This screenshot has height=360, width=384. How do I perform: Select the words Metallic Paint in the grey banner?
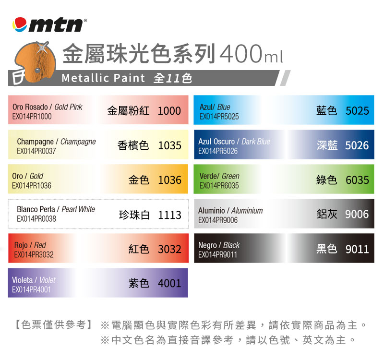pos(103,78)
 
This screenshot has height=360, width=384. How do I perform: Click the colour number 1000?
pos(169,111)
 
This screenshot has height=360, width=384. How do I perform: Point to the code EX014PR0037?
pos(36,151)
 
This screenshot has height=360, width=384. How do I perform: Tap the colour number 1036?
pos(169,180)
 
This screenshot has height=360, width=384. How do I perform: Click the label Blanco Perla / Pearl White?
pos(56,209)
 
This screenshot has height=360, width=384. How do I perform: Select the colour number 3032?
pos(169,249)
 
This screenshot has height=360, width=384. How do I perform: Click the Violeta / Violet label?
pos(34,280)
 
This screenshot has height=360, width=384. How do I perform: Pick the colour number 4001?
pos(169,284)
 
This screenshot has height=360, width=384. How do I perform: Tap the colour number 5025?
pos(357,111)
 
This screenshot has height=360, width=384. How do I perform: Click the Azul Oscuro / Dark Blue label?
pos(234,142)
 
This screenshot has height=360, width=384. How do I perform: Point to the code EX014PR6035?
pos(219,185)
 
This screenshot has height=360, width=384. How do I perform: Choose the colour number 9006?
pos(357,214)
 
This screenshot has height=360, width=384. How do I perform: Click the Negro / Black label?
pos(219,245)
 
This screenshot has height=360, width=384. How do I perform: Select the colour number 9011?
pos(357,249)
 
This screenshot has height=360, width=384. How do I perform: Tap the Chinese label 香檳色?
pos(133,145)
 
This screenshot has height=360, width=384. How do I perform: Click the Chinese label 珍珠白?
pos(134,215)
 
